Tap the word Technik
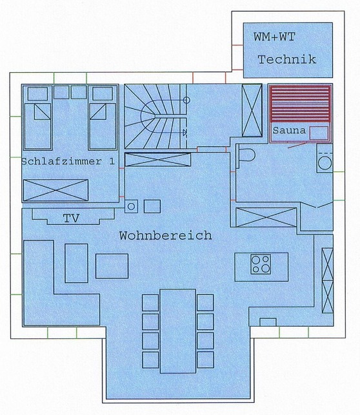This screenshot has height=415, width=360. tap(286, 60)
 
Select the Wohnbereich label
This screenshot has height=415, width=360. tap(165, 236)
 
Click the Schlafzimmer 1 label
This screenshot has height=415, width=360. tap(68, 162)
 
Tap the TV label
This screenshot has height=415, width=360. tap(71, 218)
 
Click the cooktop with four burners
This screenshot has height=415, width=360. tap(261, 264)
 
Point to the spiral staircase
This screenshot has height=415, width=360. tap(155, 117)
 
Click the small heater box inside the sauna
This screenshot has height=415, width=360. tap(318, 133)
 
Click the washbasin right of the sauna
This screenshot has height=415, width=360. tap(325, 161)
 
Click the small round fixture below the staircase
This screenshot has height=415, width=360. tap(131, 206)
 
